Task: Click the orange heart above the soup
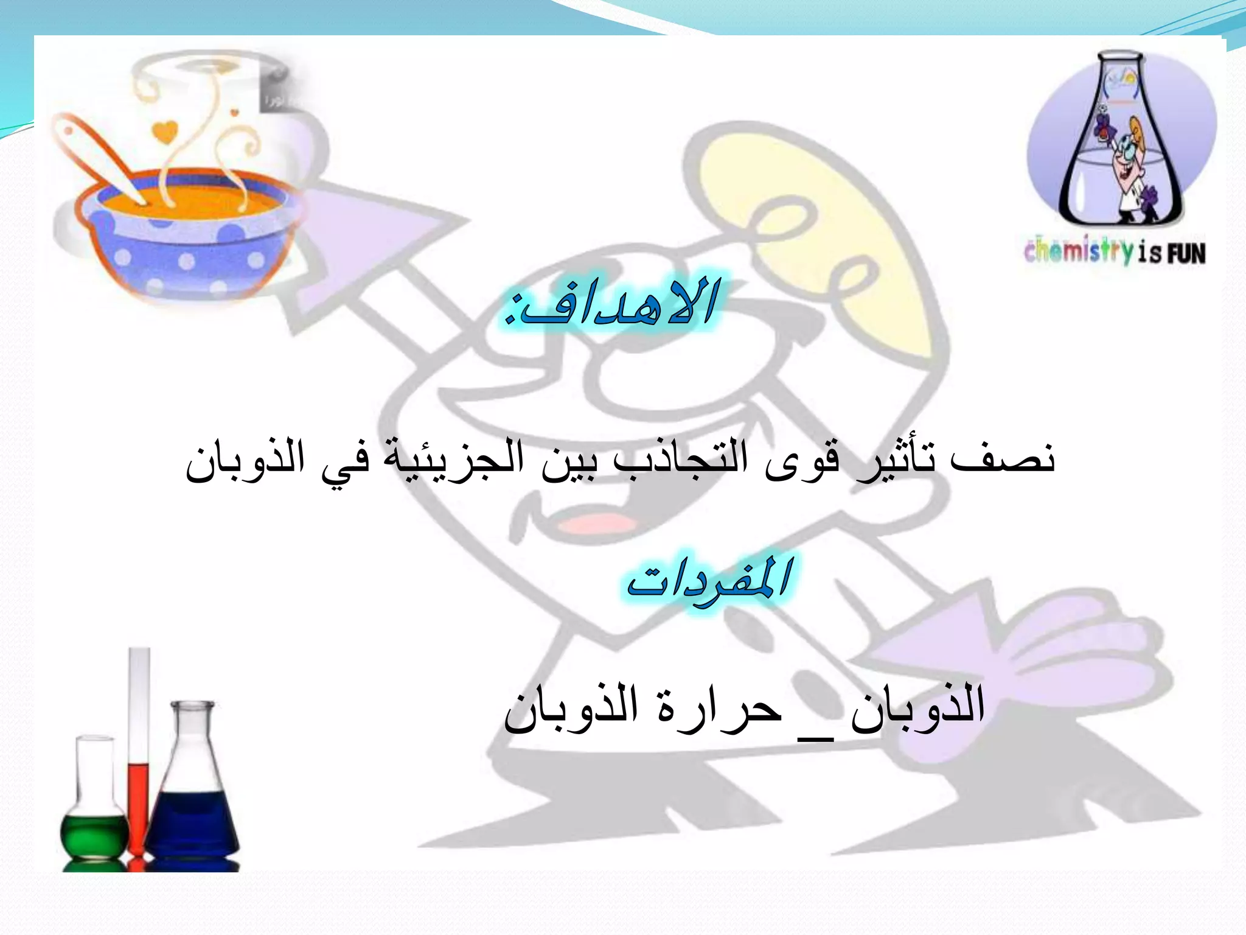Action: (x=164, y=131)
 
